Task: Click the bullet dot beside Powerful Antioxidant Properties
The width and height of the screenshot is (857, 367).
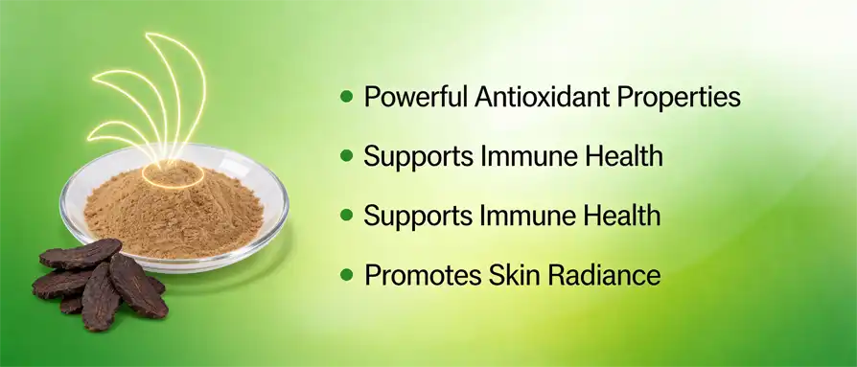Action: point(347,97)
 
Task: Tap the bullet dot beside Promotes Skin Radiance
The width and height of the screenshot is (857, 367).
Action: point(347,275)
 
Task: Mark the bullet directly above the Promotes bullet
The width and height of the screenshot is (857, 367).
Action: point(347,216)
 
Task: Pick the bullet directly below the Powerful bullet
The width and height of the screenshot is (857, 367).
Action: point(347,156)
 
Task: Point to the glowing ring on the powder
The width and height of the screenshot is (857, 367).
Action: point(172,176)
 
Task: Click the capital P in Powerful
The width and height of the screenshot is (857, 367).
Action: point(372,98)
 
